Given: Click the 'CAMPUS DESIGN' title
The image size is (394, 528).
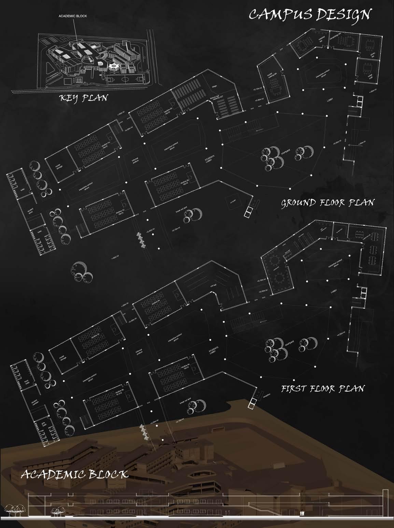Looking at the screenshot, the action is pyautogui.click(x=310, y=15).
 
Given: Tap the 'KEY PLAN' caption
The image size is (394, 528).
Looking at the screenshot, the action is pyautogui.click(x=83, y=98).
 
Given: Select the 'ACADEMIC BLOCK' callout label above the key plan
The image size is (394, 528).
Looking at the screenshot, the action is pyautogui.click(x=73, y=16).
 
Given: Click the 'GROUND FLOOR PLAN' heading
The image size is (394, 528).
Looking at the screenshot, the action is pyautogui.click(x=327, y=202).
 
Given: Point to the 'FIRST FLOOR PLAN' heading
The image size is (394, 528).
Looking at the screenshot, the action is pyautogui.click(x=323, y=388).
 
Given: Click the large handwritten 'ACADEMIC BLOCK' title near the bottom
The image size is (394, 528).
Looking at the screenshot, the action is pyautogui.click(x=75, y=475).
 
